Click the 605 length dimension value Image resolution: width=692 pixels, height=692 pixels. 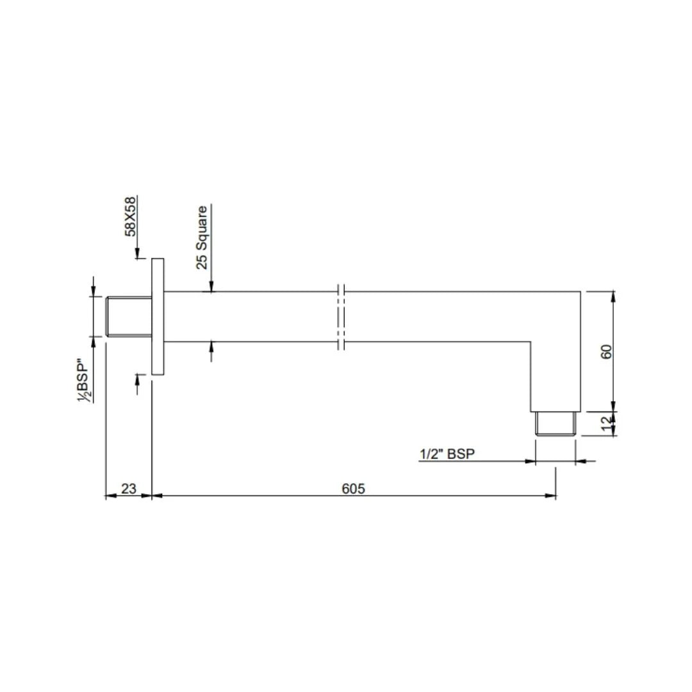pyautogui.click(x=352, y=488)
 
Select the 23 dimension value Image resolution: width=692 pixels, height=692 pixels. pyautogui.click(x=128, y=488)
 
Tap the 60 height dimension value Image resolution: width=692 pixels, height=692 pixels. pyautogui.click(x=607, y=351)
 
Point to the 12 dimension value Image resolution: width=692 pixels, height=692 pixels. pyautogui.click(x=607, y=424)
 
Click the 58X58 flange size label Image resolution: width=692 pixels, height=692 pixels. pyautogui.click(x=131, y=216)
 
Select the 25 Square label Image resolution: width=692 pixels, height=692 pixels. pyautogui.click(x=202, y=237)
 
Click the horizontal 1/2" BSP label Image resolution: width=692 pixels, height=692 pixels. pyautogui.click(x=447, y=454)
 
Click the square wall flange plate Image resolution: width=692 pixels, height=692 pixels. pyautogui.click(x=158, y=317)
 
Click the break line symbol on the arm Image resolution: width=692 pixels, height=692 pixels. pyautogui.click(x=341, y=317)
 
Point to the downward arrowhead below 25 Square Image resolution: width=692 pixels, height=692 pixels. pyautogui.click(x=211, y=288)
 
